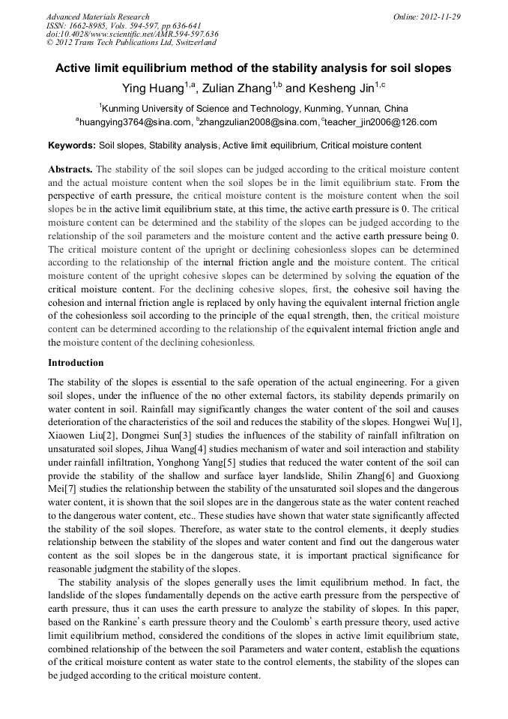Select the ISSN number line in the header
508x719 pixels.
118,25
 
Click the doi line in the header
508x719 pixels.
132,34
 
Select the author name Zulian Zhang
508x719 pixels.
239,88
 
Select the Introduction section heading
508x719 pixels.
76,362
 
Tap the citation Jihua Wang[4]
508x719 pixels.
190,449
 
